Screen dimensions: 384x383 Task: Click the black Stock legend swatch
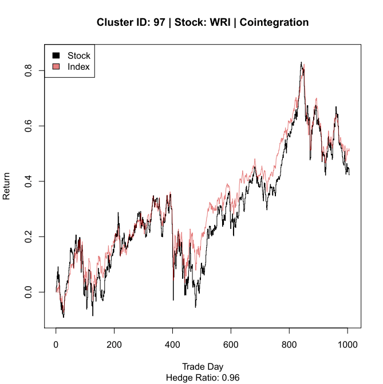[56, 56]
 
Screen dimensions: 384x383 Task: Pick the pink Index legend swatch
[56, 68]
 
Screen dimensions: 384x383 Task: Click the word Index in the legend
[78, 68]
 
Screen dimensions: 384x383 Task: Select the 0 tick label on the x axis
[56, 346]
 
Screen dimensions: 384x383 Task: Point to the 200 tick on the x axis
[114, 346]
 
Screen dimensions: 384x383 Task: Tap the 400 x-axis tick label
[173, 346]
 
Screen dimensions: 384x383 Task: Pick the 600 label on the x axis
[231, 346]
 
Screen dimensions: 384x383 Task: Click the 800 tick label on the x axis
[289, 346]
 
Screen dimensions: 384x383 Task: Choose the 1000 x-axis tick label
[348, 346]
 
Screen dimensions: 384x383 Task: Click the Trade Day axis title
[203, 367]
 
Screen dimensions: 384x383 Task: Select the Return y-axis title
[7, 187]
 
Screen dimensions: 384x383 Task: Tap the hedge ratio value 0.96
[230, 378]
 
